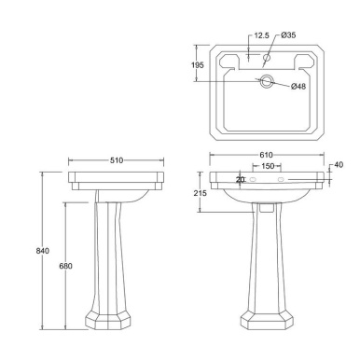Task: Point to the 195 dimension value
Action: (x=199, y=64)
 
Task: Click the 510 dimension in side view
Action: (x=117, y=159)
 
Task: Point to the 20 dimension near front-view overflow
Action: (x=240, y=179)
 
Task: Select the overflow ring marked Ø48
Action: (x=269, y=84)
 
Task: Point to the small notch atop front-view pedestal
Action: (x=268, y=206)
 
